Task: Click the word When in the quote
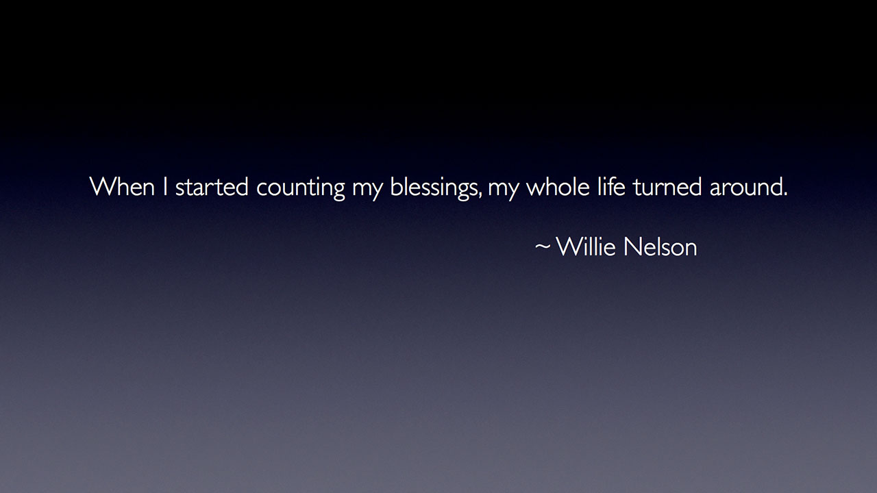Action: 122,186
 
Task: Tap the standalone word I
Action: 165,186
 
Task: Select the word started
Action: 212,187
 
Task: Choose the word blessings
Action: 434,188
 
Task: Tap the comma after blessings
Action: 480,194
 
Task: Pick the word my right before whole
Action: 503,190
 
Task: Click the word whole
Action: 558,186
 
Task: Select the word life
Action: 611,186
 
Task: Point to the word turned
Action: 667,187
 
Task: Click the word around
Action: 745,187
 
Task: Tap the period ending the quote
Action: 785,194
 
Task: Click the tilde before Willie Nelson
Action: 543,246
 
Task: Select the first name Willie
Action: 585,246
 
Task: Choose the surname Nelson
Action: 660,246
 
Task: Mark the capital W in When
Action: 102,186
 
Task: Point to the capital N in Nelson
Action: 631,246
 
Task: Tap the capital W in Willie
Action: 569,246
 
